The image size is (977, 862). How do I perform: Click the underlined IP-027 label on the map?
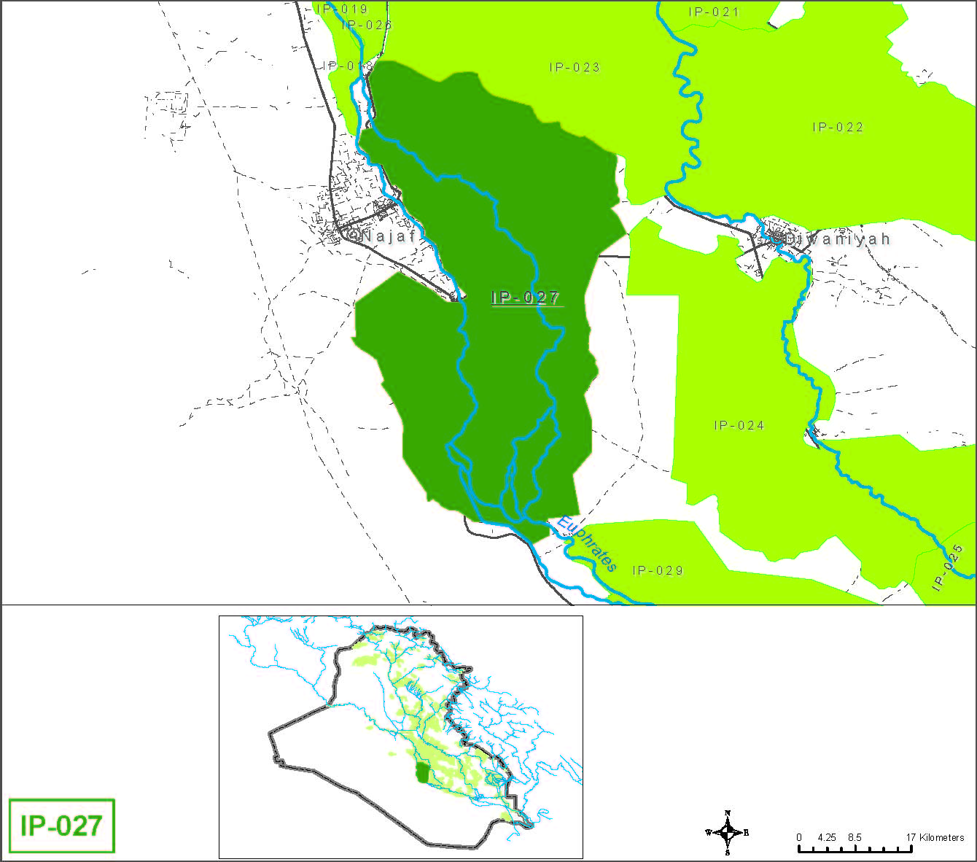[526, 298]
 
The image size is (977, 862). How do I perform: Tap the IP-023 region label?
[575, 67]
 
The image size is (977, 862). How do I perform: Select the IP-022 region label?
[838, 127]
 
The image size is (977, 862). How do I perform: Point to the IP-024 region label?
[739, 425]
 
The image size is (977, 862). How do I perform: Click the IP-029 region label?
[658, 570]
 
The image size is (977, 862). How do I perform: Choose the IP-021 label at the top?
[714, 12]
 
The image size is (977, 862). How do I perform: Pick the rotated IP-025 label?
[947, 568]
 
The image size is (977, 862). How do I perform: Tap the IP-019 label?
[342, 9]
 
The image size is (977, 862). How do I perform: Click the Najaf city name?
[388, 236]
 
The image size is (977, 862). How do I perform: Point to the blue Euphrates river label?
[586, 544]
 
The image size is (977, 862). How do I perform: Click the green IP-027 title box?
[62, 826]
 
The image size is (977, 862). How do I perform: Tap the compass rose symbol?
[727, 832]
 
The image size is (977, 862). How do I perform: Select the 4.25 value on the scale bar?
[826, 837]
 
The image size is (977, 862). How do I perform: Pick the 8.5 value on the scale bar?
[855, 837]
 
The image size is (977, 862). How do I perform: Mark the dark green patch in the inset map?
[421, 773]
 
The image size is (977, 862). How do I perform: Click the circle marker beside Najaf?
[353, 236]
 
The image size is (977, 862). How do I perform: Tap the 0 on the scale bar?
[799, 837]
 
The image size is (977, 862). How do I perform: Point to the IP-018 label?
[348, 66]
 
